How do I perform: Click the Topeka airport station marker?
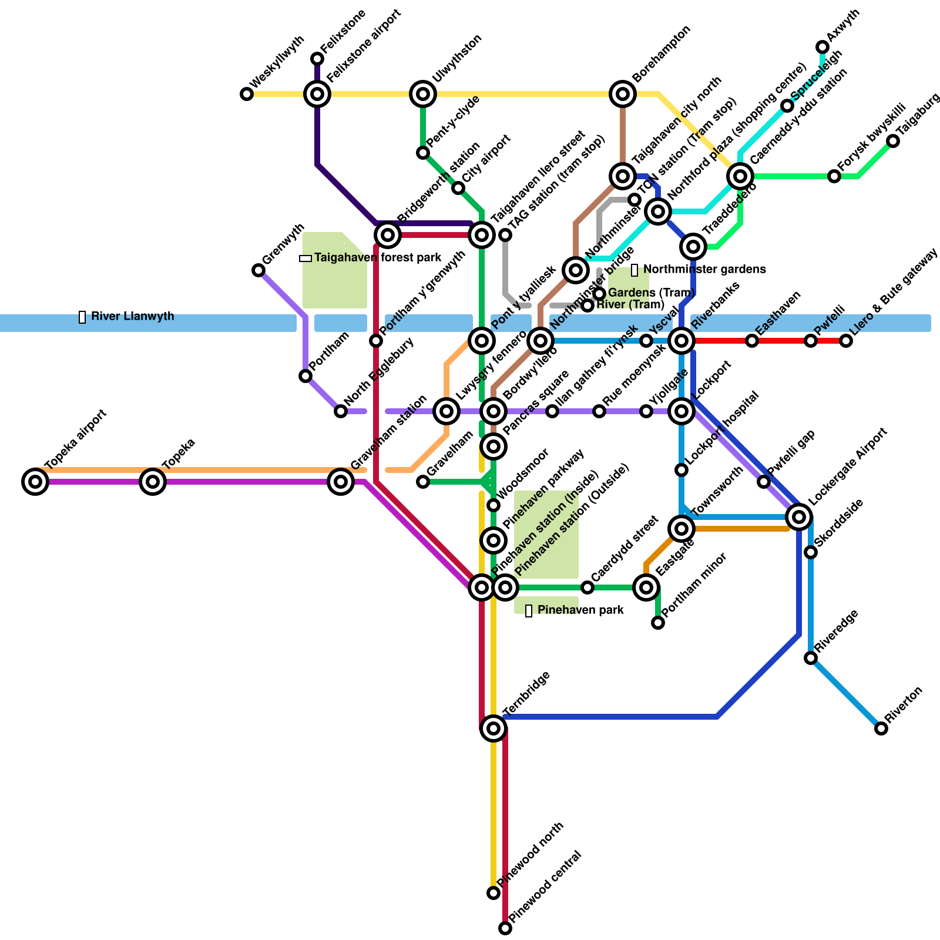(35, 482)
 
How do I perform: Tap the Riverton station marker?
(881, 728)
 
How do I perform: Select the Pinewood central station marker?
(505, 928)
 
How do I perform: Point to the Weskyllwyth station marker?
(247, 94)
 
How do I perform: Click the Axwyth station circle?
(822, 47)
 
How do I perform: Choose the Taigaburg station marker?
(893, 141)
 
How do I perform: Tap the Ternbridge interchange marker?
(493, 728)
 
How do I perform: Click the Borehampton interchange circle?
(623, 94)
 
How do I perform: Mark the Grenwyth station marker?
(258, 270)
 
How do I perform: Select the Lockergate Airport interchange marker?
(799, 517)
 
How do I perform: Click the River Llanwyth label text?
(132, 317)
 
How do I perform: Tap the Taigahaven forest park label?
(377, 258)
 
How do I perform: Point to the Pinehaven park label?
(580, 610)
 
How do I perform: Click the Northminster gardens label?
(704, 270)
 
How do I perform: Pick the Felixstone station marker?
(317, 59)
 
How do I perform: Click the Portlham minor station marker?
(658, 623)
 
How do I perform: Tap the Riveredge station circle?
(811, 658)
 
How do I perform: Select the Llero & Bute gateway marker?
(846, 341)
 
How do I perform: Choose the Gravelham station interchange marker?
(341, 482)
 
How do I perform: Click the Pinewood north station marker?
(493, 893)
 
